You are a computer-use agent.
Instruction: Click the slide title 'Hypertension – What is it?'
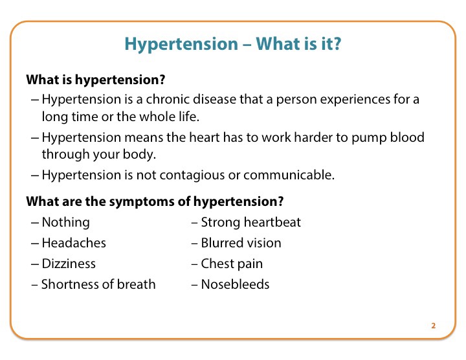tap(233, 44)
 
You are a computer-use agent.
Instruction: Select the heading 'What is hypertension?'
tap(96, 80)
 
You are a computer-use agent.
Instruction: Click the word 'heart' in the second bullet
tap(205, 137)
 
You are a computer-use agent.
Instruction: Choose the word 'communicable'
tap(289, 175)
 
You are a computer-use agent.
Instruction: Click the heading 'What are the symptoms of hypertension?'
tap(155, 201)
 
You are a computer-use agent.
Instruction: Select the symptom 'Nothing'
tap(65, 223)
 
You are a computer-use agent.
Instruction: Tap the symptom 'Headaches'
tap(74, 243)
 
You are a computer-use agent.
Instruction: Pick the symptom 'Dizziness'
tap(69, 264)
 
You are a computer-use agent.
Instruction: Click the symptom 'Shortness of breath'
tap(98, 284)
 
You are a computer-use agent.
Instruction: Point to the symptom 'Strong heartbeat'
tap(251, 223)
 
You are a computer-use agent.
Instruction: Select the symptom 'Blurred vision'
tap(241, 243)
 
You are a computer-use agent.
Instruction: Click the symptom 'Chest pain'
tap(232, 264)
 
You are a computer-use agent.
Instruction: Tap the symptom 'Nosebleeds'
tap(235, 284)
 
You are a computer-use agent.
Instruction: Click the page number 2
tap(433, 326)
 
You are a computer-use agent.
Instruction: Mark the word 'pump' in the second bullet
tap(369, 138)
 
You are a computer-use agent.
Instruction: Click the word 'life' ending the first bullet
tap(189, 117)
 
